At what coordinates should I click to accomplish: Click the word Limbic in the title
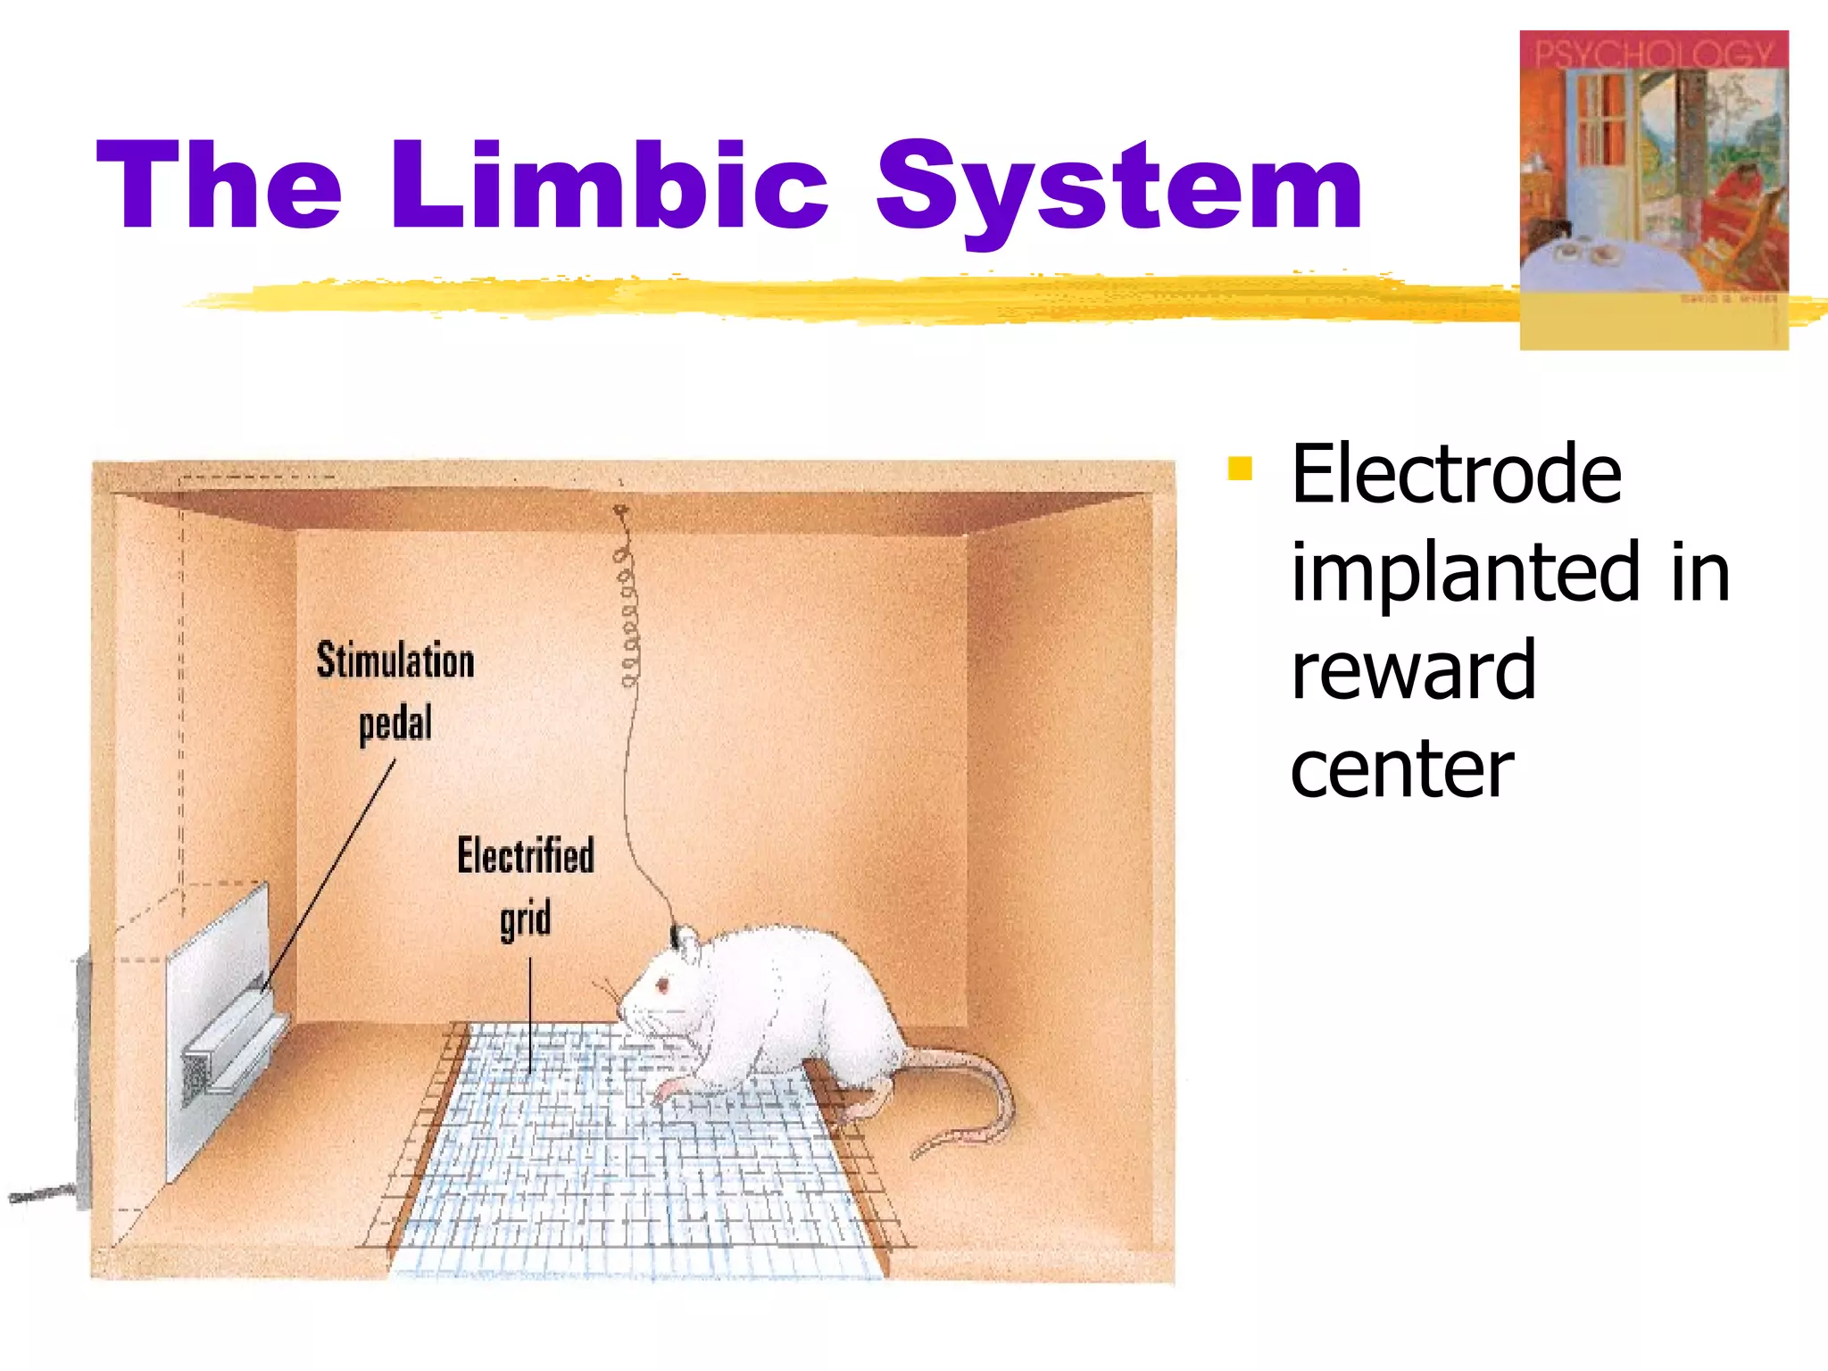[x=610, y=187]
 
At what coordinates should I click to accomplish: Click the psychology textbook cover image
[x=1653, y=189]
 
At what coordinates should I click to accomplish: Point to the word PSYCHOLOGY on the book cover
[x=1653, y=54]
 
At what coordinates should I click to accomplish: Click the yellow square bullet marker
[x=1240, y=468]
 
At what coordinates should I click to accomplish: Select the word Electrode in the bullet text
[x=1456, y=475]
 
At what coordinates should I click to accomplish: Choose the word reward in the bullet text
[x=1413, y=671]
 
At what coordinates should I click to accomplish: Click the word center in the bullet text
[x=1401, y=769]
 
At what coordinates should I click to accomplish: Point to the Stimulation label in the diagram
[x=395, y=661]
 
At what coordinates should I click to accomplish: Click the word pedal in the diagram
[x=395, y=724]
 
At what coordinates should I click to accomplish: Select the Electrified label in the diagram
[x=526, y=855]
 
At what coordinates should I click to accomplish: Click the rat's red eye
[x=663, y=985]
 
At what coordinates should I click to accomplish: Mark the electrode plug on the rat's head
[x=674, y=935]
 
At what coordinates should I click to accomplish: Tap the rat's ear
[x=690, y=946]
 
